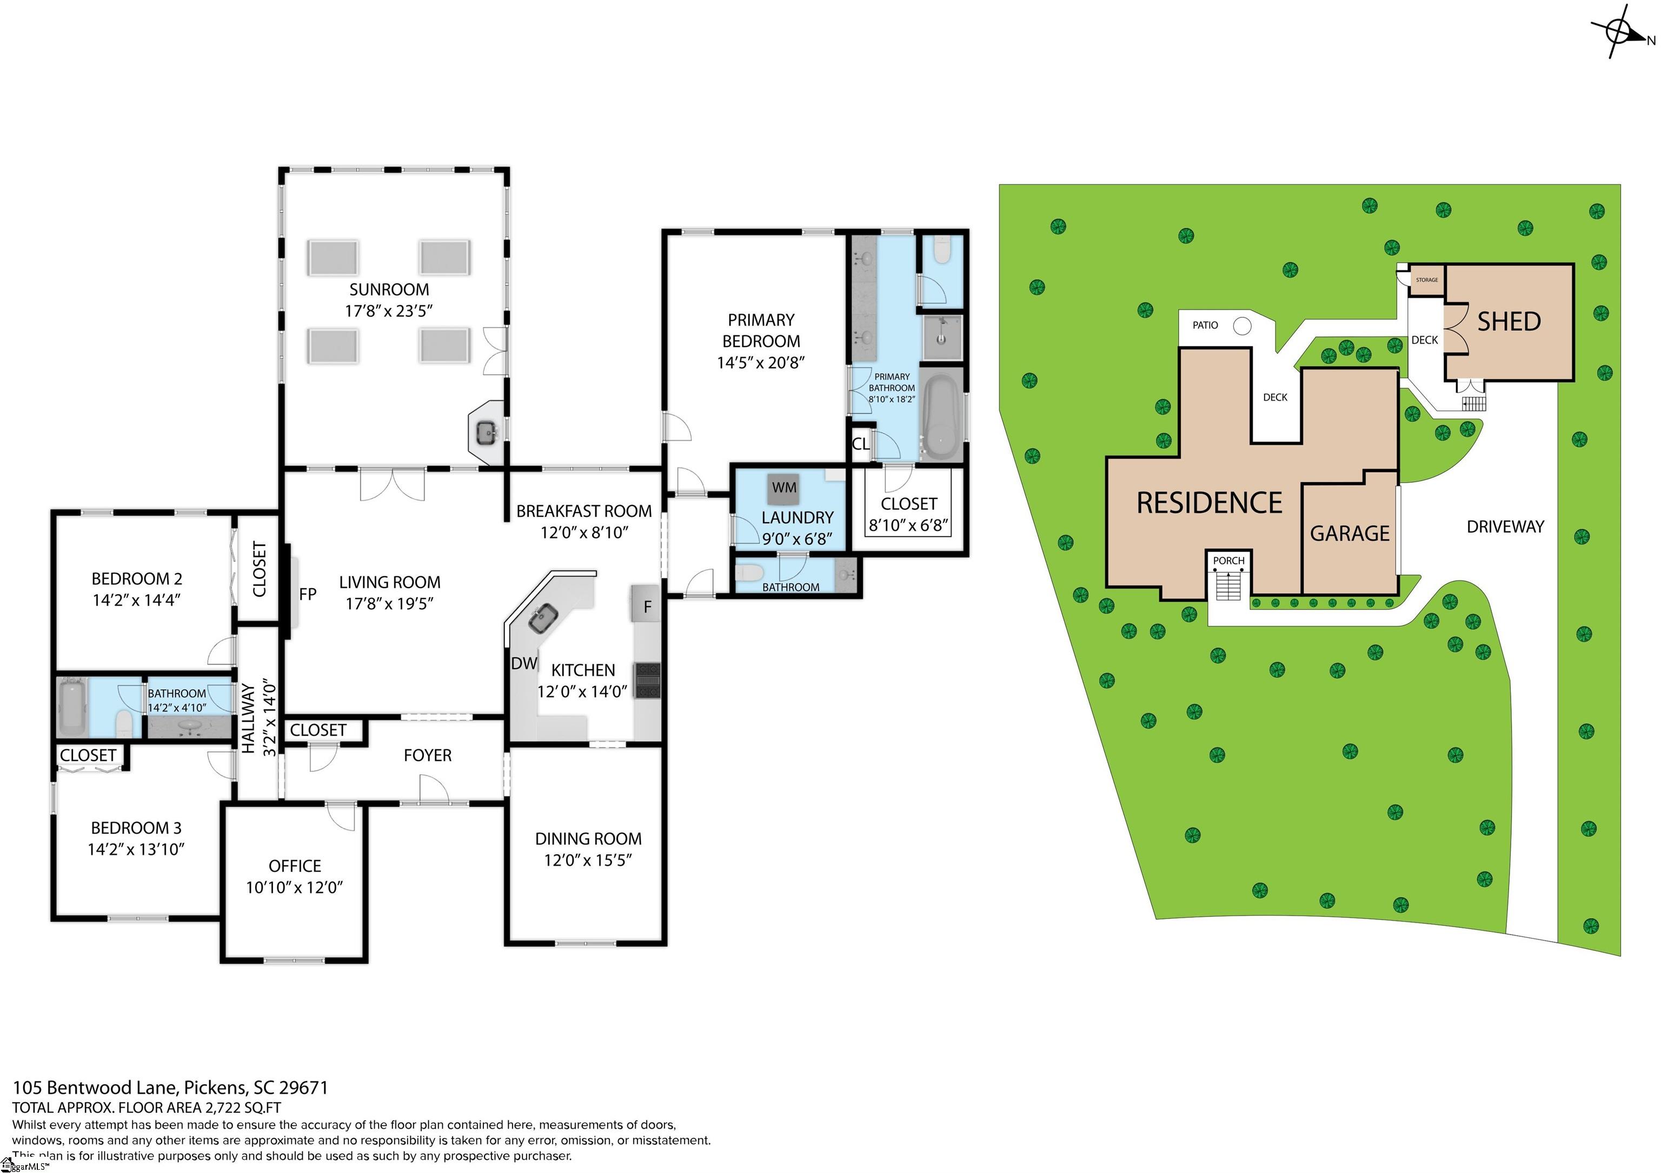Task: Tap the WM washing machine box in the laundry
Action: click(784, 488)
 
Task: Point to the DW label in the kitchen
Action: click(524, 664)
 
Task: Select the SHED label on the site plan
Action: click(1509, 322)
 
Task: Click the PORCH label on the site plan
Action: click(1228, 561)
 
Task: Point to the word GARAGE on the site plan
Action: click(1350, 534)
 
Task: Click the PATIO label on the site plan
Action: click(1205, 325)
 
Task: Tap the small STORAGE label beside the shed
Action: click(1426, 280)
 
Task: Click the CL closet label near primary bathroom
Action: click(860, 444)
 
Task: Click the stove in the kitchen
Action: click(647, 681)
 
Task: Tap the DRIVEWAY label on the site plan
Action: click(1505, 526)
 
